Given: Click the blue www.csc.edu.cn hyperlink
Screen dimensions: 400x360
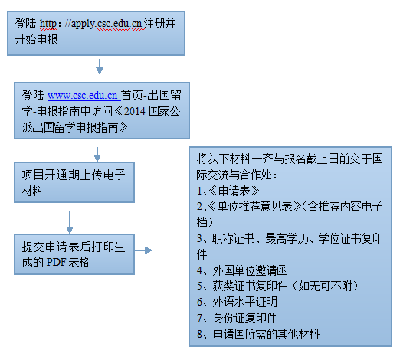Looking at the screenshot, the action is (x=83, y=96).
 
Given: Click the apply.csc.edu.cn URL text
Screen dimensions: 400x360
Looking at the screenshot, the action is (x=107, y=24).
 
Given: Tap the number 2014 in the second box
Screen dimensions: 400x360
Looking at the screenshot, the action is (x=135, y=111).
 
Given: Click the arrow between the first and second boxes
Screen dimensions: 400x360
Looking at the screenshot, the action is (x=100, y=67).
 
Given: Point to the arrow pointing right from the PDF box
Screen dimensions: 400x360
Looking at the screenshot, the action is (x=143, y=250).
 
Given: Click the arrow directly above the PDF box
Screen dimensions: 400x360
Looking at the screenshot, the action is (x=70, y=222).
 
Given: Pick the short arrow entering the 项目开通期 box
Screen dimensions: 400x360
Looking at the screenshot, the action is (x=97, y=154).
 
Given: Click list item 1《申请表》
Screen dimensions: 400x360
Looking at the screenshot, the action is (x=228, y=191).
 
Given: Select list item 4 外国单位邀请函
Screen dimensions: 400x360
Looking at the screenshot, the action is (x=242, y=270).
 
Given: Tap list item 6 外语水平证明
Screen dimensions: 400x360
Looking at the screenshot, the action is (x=237, y=302).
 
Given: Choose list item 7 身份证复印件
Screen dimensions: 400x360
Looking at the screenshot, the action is (x=237, y=318).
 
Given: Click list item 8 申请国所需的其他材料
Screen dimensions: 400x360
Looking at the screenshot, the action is (x=258, y=334).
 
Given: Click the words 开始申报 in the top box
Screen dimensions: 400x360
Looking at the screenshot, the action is (x=36, y=40).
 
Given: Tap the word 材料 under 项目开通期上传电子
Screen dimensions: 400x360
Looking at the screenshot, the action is (x=32, y=191).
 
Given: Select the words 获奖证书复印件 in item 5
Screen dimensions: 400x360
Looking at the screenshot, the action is (x=251, y=286).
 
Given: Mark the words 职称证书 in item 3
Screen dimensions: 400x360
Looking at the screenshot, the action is (x=234, y=238).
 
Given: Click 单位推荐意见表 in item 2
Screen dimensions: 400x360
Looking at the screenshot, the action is (x=254, y=206).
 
